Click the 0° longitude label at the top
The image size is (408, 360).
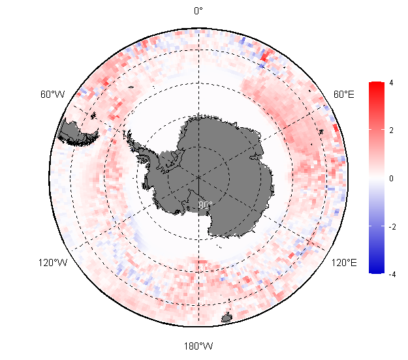click(x=198, y=10)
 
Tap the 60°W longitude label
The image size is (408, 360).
click(x=52, y=95)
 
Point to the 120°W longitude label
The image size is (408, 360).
click(x=52, y=263)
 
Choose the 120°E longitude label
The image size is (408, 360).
click(x=344, y=263)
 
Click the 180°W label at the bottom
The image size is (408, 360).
click(x=198, y=346)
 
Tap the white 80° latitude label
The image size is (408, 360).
click(x=206, y=205)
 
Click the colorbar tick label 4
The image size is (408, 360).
click(x=391, y=83)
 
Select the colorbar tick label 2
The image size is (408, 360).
click(x=391, y=130)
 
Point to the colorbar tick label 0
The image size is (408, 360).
click(x=391, y=178)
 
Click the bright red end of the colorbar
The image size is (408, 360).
click(x=375, y=85)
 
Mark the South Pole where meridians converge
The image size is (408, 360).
click(x=198, y=176)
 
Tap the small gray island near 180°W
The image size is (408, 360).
click(x=227, y=318)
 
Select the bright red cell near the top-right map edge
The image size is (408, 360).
click(x=263, y=55)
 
